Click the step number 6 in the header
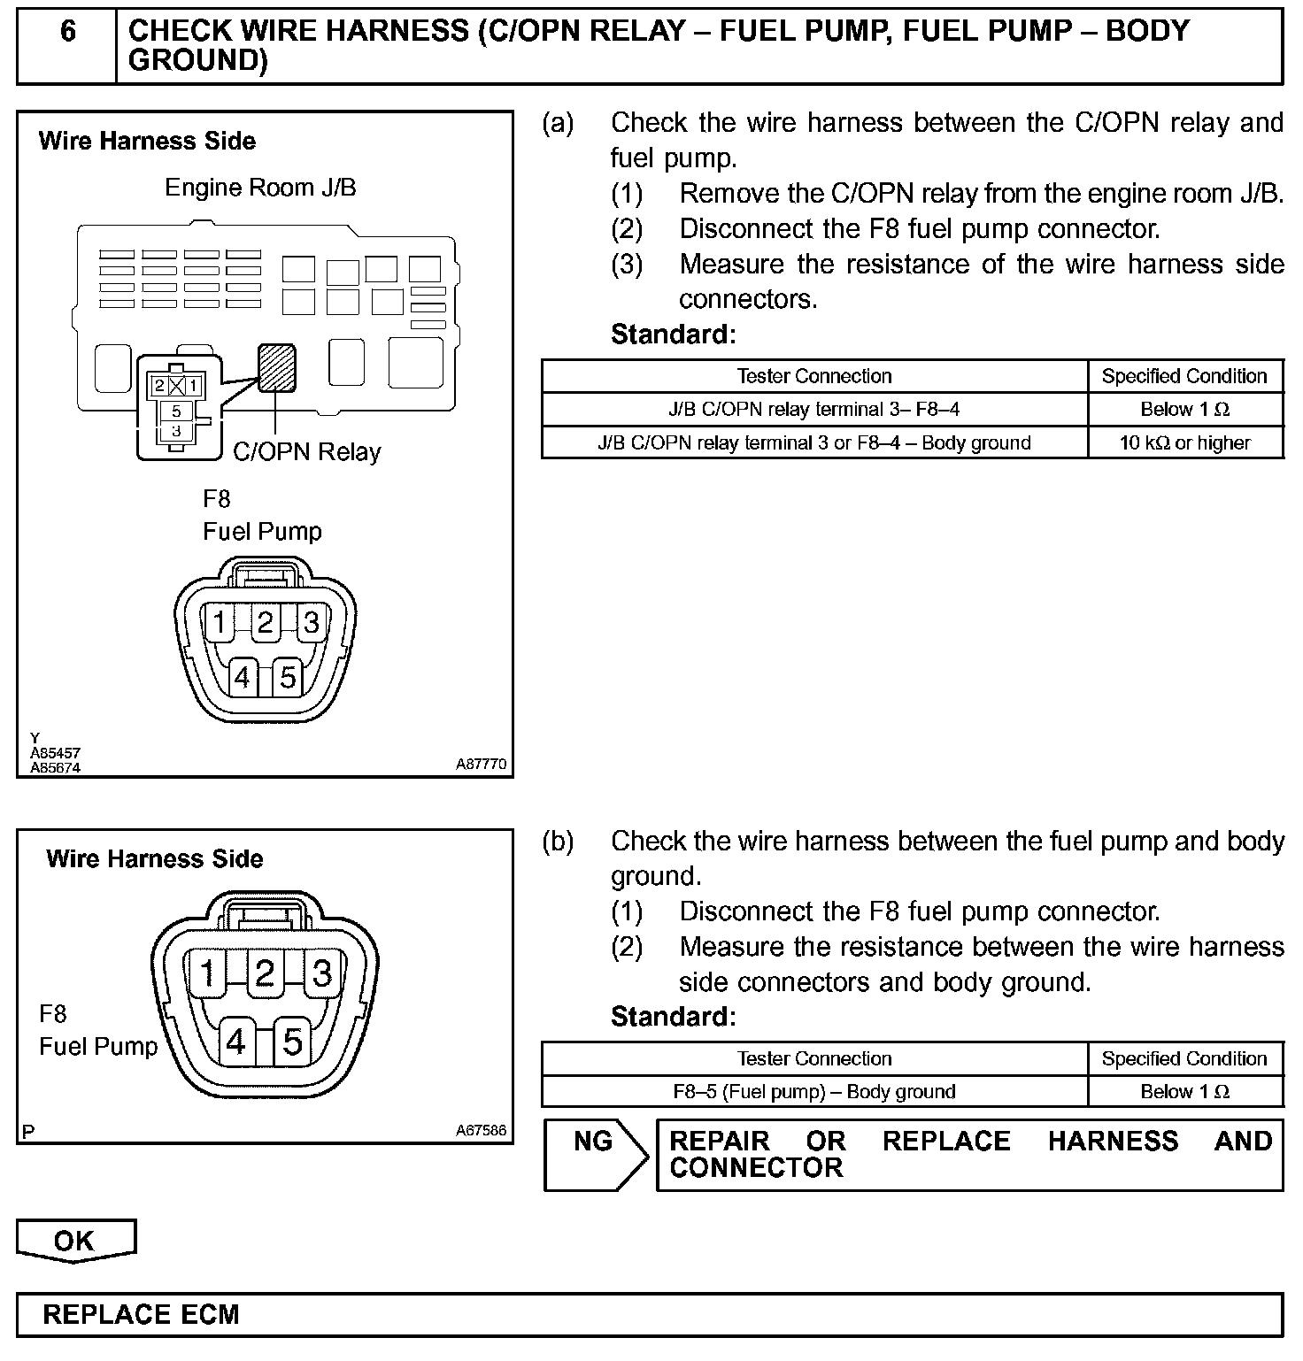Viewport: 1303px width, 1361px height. pos(67,32)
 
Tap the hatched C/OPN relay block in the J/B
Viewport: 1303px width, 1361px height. pos(276,367)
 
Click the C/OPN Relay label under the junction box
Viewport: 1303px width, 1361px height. pos(306,452)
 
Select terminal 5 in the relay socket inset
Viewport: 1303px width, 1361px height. pos(177,411)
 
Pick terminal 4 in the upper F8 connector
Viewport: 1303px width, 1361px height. pos(242,678)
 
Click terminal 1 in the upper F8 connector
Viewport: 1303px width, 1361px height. pos(219,623)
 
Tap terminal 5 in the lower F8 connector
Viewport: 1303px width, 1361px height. pos(292,1042)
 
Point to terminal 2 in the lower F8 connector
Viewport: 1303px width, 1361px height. pos(264,973)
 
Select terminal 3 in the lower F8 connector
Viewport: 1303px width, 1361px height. pos(321,973)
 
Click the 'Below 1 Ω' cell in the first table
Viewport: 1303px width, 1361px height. pos(1184,410)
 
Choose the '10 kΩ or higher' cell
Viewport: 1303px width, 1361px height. pos(1184,442)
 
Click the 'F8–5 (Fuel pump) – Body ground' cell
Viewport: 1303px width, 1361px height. pos(813,1092)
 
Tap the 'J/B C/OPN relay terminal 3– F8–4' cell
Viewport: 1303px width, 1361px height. pos(813,410)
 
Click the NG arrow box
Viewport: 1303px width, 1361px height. pos(595,1153)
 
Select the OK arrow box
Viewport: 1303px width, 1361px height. pos(75,1241)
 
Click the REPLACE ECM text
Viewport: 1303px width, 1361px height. pos(142,1314)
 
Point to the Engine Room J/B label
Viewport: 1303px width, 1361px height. pos(260,188)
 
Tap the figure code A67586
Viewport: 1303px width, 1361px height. pos(481,1130)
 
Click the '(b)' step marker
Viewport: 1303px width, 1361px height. pos(558,842)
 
